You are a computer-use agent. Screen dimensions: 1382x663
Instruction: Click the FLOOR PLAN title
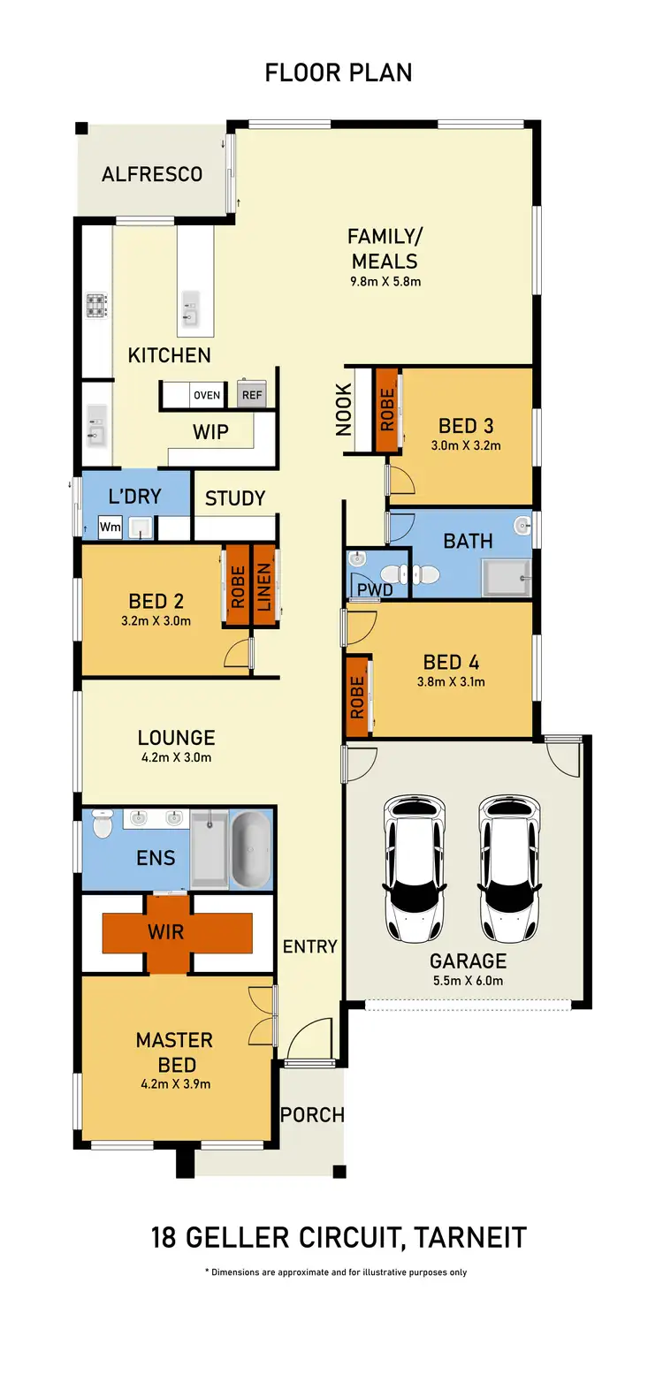click(x=339, y=72)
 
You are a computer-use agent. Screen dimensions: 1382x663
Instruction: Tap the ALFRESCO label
click(x=152, y=174)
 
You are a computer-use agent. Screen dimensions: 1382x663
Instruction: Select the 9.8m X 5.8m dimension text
click(x=384, y=283)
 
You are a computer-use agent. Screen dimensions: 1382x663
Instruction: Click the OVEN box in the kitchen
click(x=207, y=395)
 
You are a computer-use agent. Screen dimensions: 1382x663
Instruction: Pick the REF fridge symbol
click(x=252, y=395)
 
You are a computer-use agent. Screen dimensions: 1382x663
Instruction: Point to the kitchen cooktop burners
click(x=95, y=306)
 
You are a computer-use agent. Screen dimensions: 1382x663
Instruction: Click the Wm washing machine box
click(x=110, y=528)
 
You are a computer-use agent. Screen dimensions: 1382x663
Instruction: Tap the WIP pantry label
click(x=210, y=432)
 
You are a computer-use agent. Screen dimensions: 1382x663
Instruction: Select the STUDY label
click(x=235, y=498)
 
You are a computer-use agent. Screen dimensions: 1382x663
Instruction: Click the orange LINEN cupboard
click(x=263, y=585)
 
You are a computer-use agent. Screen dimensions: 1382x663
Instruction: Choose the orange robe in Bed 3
click(x=386, y=410)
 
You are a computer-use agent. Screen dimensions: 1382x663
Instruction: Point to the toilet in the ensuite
click(x=102, y=826)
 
